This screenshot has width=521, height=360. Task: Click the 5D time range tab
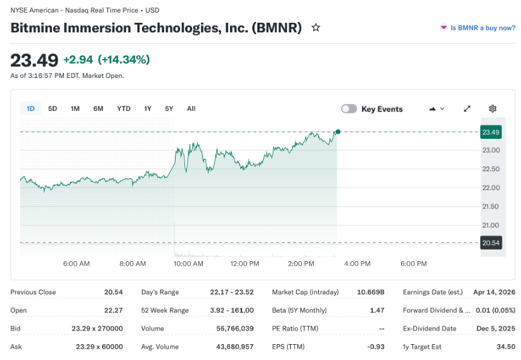53,108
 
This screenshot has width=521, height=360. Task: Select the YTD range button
124,108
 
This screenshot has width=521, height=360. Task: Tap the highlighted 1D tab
30,108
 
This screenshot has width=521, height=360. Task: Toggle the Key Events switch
349,109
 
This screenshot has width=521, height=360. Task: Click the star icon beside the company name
316,28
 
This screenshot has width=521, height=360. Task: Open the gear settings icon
492,109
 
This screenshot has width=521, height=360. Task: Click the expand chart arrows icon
467,109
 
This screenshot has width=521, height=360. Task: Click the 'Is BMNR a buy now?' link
482,28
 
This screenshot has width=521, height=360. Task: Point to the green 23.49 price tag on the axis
491,132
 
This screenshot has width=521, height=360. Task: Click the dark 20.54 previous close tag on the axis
491,243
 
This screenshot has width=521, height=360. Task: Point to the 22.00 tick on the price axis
491,188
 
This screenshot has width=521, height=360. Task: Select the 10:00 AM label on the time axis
188,264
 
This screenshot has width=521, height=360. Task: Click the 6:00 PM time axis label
413,264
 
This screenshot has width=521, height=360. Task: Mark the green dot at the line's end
338,132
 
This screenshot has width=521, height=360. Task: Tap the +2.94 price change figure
78,60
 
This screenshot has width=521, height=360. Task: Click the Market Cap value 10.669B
371,292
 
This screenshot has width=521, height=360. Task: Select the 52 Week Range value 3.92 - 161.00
232,311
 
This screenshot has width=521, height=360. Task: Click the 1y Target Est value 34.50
505,347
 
